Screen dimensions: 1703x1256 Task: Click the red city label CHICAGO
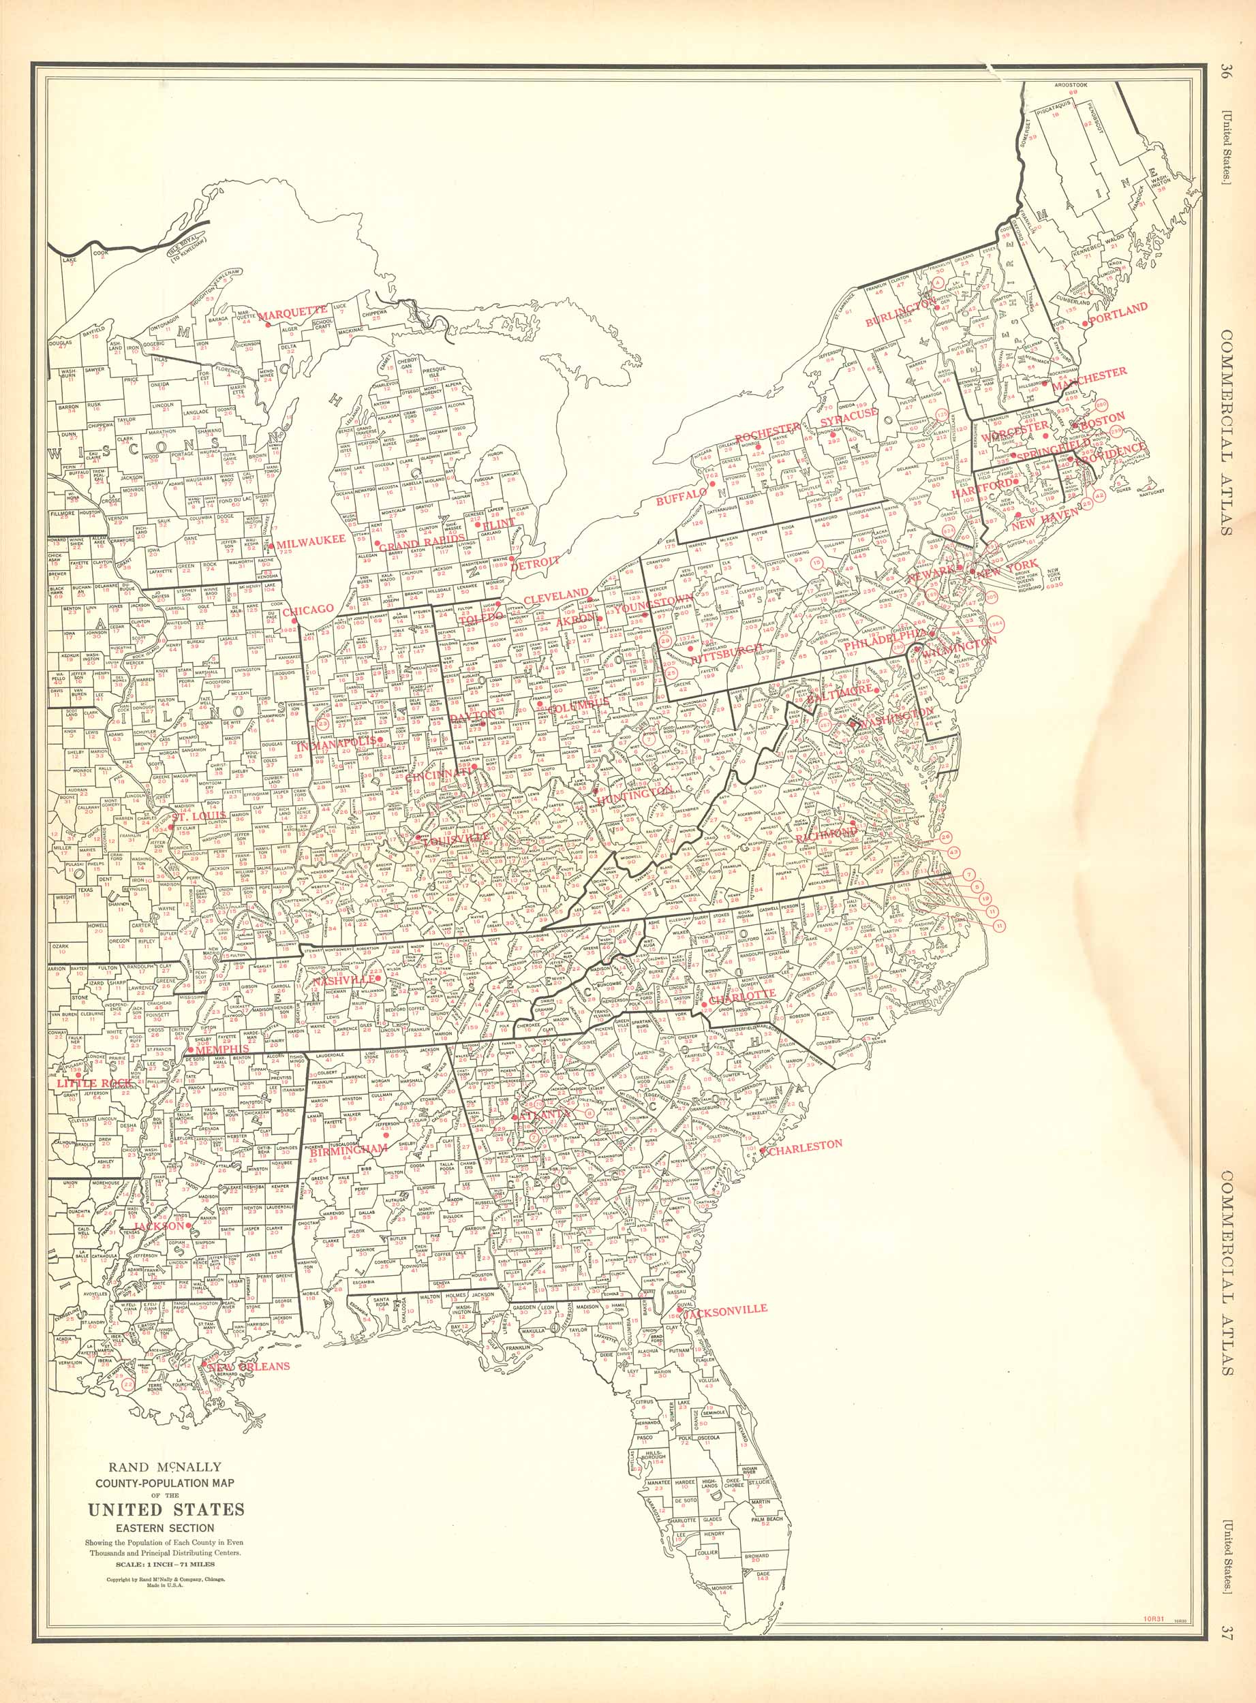point(309,609)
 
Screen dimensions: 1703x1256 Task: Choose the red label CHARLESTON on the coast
point(804,1144)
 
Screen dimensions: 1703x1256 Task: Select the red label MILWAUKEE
point(311,539)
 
